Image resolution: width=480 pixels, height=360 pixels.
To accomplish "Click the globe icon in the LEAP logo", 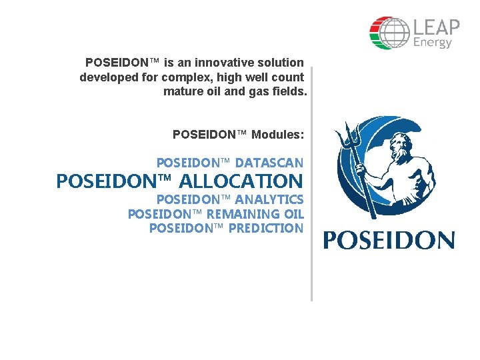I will point(389,33).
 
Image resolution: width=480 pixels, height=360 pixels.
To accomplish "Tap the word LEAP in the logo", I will point(437,27).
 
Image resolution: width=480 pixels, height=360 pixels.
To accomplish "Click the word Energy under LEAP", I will point(433,43).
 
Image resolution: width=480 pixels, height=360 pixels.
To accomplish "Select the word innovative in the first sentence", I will point(221,63).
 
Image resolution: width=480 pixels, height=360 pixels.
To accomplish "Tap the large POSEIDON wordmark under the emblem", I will point(389,241).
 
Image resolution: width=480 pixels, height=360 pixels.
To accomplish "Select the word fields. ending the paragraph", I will point(290,91).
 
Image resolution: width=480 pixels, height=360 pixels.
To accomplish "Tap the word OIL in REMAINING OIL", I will point(291,214).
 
